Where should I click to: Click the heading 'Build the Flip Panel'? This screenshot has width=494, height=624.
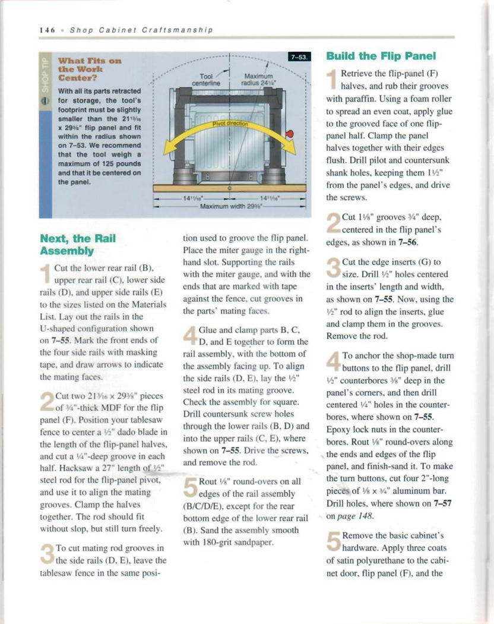pyautogui.click(x=381, y=56)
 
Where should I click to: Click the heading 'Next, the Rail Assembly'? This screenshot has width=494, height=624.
pyautogui.click(x=77, y=245)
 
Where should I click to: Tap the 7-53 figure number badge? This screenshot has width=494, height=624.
pyautogui.click(x=299, y=57)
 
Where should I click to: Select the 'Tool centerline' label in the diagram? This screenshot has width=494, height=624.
pyautogui.click(x=206, y=80)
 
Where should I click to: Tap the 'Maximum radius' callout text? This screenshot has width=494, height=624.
pyautogui.click(x=258, y=80)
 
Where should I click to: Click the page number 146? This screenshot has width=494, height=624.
pyautogui.click(x=47, y=30)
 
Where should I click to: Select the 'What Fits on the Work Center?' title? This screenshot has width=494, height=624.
pyautogui.click(x=89, y=70)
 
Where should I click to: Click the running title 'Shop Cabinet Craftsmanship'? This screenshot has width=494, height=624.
pyautogui.click(x=141, y=30)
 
